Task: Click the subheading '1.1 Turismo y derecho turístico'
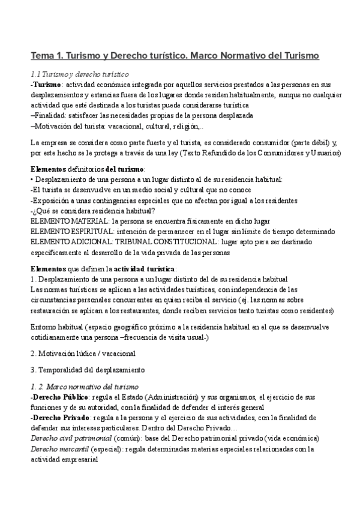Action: [x=80, y=74]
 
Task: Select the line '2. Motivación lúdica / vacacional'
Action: [x=83, y=354]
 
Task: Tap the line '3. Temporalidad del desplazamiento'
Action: [x=87, y=370]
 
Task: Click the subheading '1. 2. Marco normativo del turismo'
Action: [x=84, y=387]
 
